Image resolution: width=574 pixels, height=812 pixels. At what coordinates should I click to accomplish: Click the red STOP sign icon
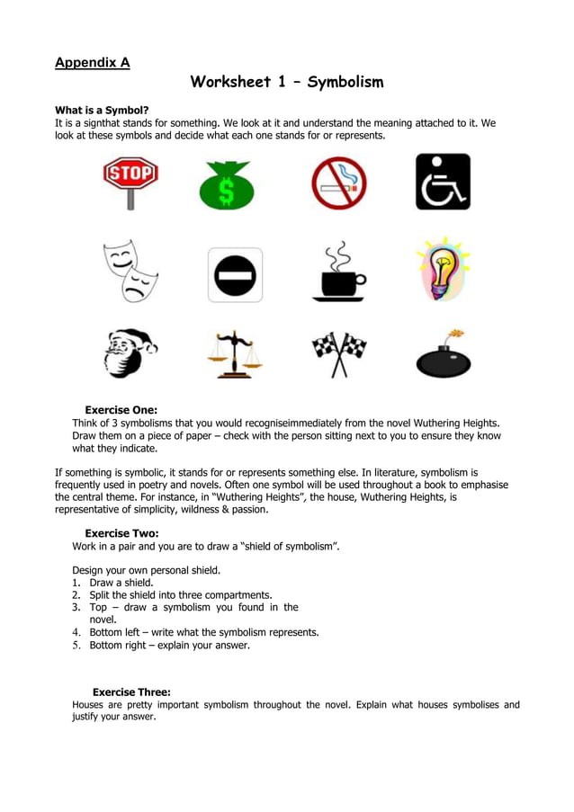130,179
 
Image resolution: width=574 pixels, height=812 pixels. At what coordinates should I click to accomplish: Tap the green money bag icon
226,184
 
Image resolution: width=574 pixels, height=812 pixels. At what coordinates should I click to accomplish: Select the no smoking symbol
338,183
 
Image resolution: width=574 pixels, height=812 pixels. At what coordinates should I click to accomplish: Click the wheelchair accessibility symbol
443,182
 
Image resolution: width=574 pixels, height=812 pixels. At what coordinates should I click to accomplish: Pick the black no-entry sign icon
235,274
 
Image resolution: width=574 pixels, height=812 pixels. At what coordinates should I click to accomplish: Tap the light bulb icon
444,269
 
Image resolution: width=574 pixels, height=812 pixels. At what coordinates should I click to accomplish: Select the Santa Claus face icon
129,352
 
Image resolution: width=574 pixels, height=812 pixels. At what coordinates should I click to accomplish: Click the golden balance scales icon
232,354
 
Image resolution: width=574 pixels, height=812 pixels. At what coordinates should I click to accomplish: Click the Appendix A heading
93,62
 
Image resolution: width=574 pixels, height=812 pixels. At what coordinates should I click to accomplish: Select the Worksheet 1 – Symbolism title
287,83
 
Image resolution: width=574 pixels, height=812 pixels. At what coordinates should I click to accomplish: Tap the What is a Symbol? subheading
102,111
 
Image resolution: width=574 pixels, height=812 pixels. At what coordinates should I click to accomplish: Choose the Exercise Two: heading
121,533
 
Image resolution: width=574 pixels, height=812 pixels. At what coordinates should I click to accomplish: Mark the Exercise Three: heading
131,692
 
